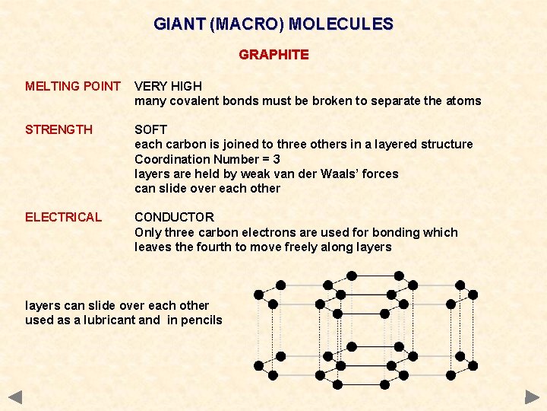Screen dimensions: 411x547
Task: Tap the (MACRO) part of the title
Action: click(x=247, y=24)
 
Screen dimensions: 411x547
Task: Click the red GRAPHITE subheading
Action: click(x=273, y=55)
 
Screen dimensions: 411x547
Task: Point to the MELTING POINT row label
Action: click(x=73, y=87)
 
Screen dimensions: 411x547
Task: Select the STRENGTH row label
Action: click(x=58, y=130)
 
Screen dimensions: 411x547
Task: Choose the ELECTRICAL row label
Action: click(x=63, y=218)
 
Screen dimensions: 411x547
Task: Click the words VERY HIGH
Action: click(x=167, y=87)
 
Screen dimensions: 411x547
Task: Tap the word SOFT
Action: click(x=150, y=130)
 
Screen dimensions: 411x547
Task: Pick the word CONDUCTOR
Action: click(x=174, y=218)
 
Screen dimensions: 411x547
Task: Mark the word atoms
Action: click(x=463, y=101)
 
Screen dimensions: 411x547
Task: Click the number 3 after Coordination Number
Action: click(x=276, y=160)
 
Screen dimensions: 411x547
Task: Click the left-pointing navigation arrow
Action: click(x=15, y=397)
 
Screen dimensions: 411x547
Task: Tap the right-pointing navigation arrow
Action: click(x=532, y=397)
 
